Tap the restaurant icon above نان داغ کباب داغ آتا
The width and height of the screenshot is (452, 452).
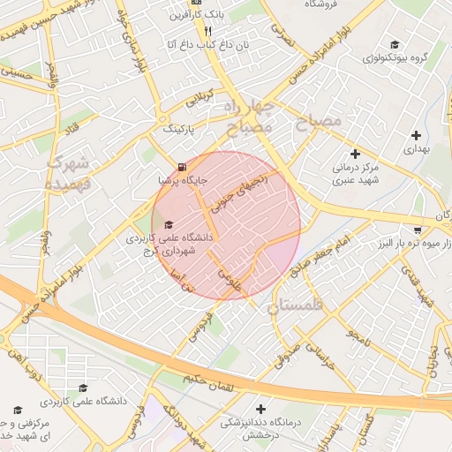coord(207,30)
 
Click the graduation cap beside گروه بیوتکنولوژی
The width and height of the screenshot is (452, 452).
coord(394,44)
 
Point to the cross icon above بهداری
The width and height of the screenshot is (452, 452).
coord(416,135)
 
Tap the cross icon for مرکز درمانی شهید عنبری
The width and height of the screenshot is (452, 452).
coord(355,153)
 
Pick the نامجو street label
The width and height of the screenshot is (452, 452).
coord(358,335)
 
